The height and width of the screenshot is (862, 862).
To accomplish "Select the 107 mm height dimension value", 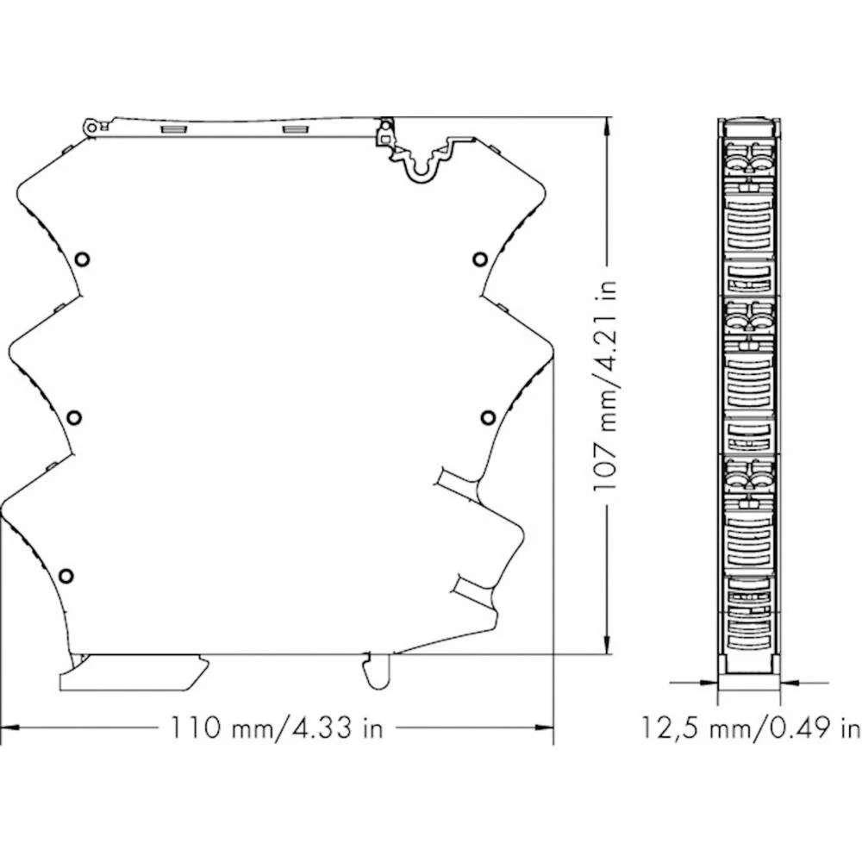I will [607, 448].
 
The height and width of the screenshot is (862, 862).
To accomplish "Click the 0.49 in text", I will [815, 728].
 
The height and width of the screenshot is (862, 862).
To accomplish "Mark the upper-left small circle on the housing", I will [82, 259].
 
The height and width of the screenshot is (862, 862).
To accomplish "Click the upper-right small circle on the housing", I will [479, 259].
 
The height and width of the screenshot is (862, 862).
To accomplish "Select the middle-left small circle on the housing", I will [74, 417].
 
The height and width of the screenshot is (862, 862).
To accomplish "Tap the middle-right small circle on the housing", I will [488, 417].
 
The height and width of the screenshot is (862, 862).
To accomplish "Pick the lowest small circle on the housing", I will [66, 575].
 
